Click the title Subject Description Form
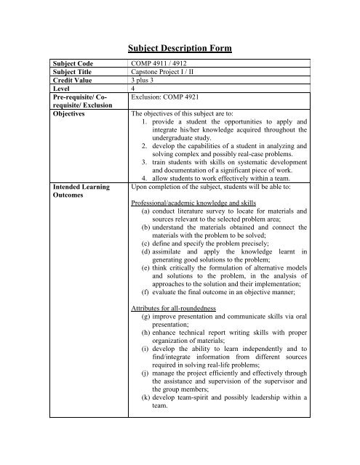click(180, 49)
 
